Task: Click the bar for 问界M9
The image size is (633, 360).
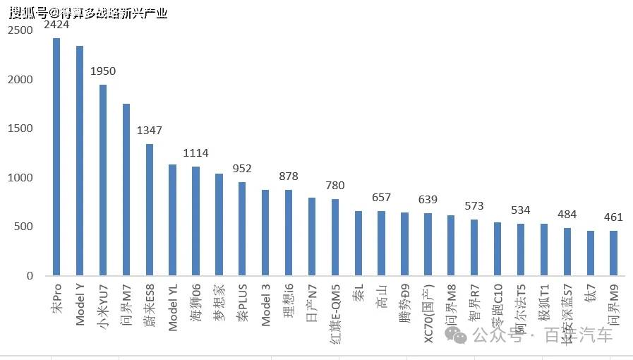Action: click(613, 253)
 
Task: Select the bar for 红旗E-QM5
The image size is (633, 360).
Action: click(335, 237)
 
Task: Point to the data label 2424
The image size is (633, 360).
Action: click(56, 25)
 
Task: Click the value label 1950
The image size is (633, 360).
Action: click(103, 71)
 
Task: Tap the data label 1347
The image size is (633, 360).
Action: click(150, 131)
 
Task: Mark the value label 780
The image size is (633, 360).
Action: click(335, 186)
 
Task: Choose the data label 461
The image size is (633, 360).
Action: click(613, 217)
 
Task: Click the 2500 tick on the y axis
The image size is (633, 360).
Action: click(20, 31)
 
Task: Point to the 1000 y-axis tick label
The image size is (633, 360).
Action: click(20, 178)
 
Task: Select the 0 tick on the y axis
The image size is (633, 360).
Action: click(30, 276)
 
